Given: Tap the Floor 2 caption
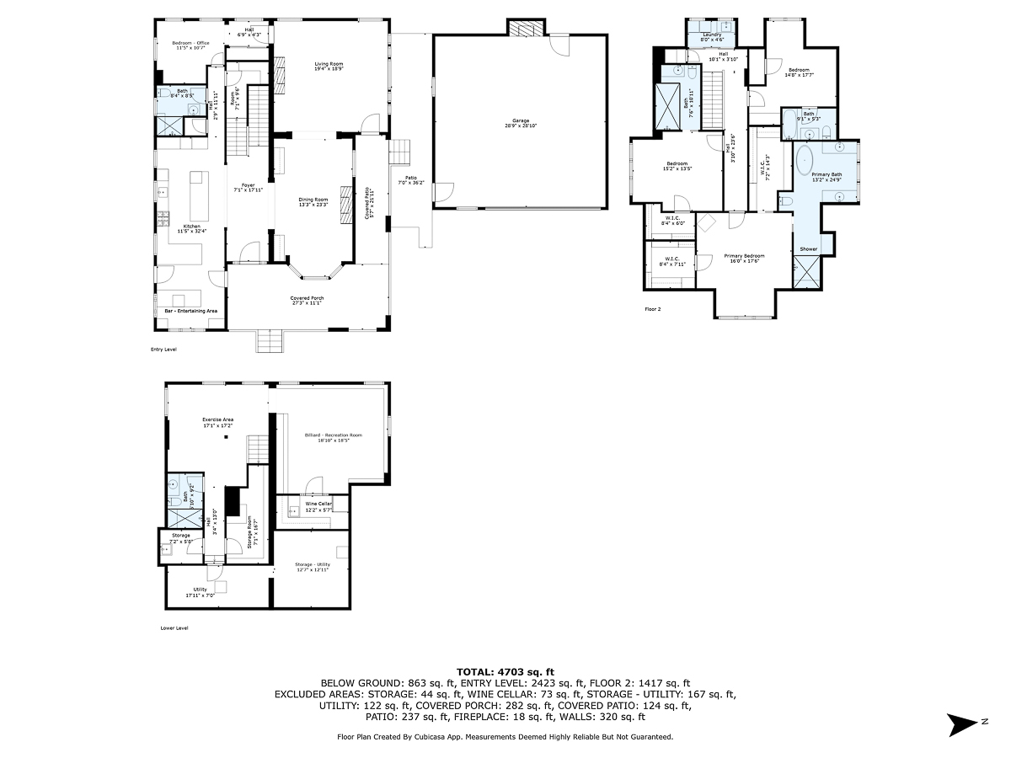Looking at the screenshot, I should tap(653, 309).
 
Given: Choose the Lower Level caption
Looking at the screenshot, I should tap(174, 627).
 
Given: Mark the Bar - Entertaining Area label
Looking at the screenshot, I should tap(191, 311).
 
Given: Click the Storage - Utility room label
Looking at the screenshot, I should tap(311, 567).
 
